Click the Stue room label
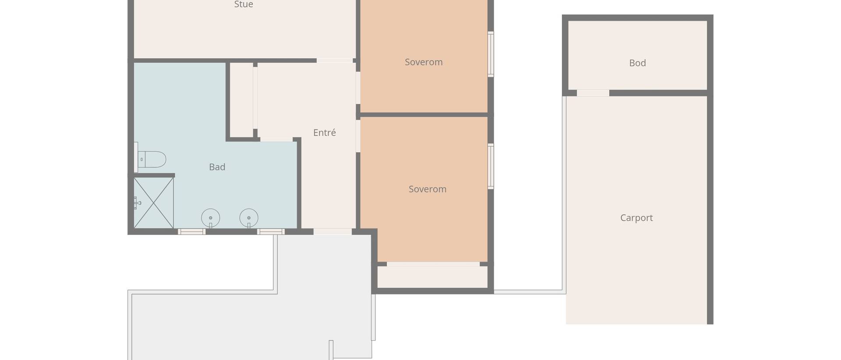(244, 4)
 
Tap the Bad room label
(217, 167)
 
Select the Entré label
(325, 133)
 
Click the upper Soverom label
(424, 62)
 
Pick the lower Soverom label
(428, 189)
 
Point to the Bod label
(637, 63)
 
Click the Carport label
(636, 218)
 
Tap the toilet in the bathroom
(150, 159)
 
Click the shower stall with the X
(154, 203)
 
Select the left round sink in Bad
(211, 218)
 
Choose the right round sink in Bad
(249, 218)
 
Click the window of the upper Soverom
(491, 54)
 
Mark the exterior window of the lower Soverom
(491, 166)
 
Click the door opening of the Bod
(593, 93)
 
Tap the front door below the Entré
(332, 232)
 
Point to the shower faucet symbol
(137, 203)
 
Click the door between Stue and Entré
(335, 60)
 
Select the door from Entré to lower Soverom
(358, 136)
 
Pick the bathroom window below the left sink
(192, 232)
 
